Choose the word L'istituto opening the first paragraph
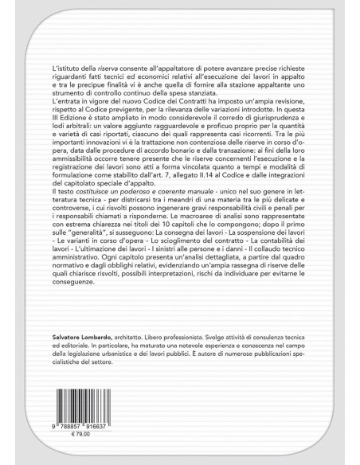(64, 71)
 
